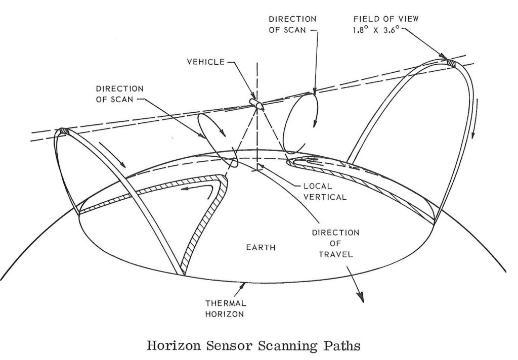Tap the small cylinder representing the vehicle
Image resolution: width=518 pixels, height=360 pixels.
256,103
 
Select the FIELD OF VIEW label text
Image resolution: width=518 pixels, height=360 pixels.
386,19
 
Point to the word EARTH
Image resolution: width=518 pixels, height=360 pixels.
261,248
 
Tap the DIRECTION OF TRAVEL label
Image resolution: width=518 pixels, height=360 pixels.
335,243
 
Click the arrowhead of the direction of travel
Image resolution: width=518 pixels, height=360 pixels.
361,298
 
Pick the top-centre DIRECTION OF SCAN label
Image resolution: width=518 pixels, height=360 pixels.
292,24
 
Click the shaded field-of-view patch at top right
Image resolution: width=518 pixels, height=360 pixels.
449,62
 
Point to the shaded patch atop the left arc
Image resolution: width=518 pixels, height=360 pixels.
63,131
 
